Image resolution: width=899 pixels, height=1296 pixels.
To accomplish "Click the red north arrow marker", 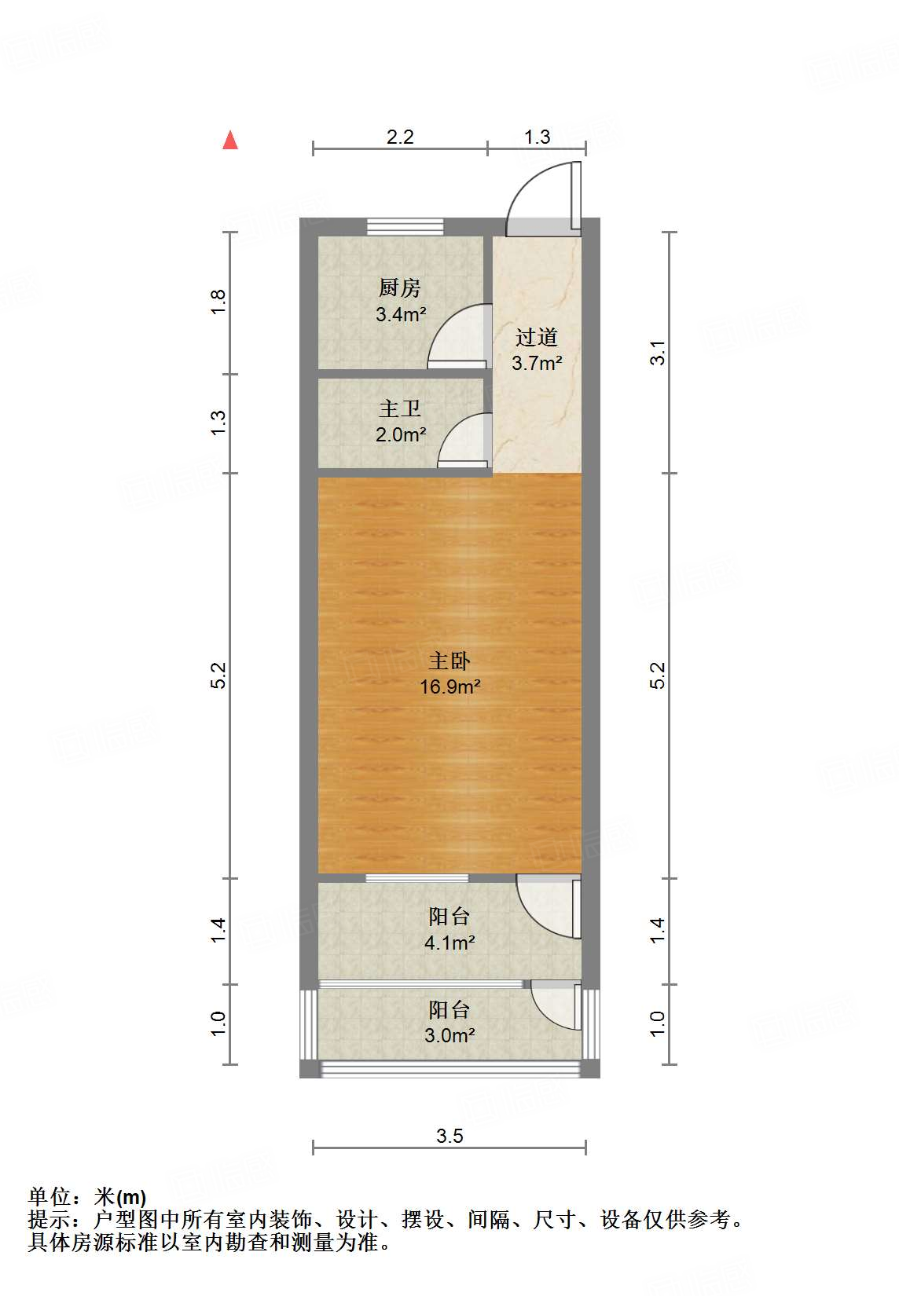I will (230, 141).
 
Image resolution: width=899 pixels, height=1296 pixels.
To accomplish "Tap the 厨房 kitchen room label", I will (399, 288).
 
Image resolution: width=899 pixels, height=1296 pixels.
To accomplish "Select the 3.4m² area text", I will (401, 315).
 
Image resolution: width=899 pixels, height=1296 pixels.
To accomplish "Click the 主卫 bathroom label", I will (400, 408).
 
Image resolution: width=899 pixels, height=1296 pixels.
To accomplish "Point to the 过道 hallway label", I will (537, 338).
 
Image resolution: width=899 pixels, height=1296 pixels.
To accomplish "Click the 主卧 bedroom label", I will (449, 661).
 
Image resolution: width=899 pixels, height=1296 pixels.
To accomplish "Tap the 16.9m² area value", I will (449, 687).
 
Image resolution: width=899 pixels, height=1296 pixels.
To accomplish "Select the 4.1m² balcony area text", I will (449, 943).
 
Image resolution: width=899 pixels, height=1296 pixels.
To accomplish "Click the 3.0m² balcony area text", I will (449, 1035).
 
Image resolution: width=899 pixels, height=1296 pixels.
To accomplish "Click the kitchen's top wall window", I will (405, 227).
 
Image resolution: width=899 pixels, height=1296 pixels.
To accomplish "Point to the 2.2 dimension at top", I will (400, 137).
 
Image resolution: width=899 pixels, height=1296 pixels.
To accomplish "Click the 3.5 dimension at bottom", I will (449, 1136).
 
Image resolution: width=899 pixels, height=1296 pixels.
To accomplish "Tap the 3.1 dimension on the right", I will (658, 352).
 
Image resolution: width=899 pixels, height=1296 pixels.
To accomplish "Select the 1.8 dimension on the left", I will (219, 302).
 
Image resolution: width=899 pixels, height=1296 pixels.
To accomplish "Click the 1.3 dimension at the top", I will (538, 137).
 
